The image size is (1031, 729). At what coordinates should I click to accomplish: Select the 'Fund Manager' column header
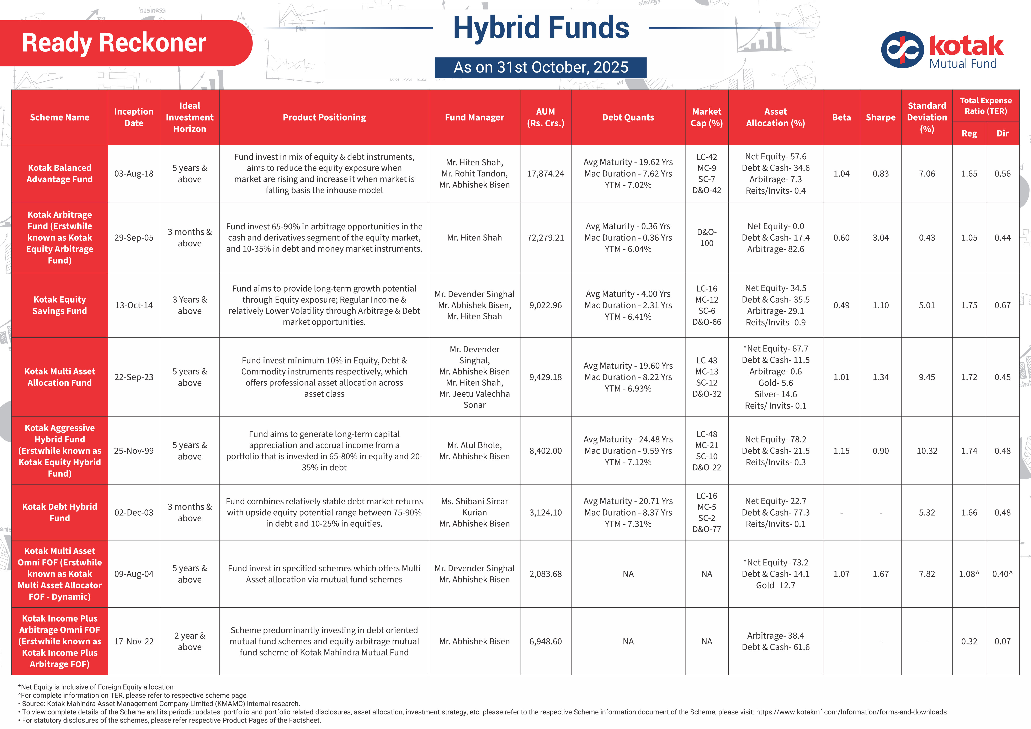474,117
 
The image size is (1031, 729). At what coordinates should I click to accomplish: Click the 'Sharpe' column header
880,117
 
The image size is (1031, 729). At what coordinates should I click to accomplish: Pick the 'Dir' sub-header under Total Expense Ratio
1002,133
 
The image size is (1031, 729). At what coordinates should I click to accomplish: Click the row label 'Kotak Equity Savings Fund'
60,305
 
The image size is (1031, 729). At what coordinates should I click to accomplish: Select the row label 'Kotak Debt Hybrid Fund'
60,512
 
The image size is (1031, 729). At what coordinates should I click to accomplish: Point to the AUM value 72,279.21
545,238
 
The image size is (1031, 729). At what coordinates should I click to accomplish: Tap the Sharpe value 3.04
880,238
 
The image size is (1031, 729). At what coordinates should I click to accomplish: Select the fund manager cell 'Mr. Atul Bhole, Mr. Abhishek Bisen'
474,451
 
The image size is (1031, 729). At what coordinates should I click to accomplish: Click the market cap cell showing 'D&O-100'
706,238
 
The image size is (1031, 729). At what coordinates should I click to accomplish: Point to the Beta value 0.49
841,305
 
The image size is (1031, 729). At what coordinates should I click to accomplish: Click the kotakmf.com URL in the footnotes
851,712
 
